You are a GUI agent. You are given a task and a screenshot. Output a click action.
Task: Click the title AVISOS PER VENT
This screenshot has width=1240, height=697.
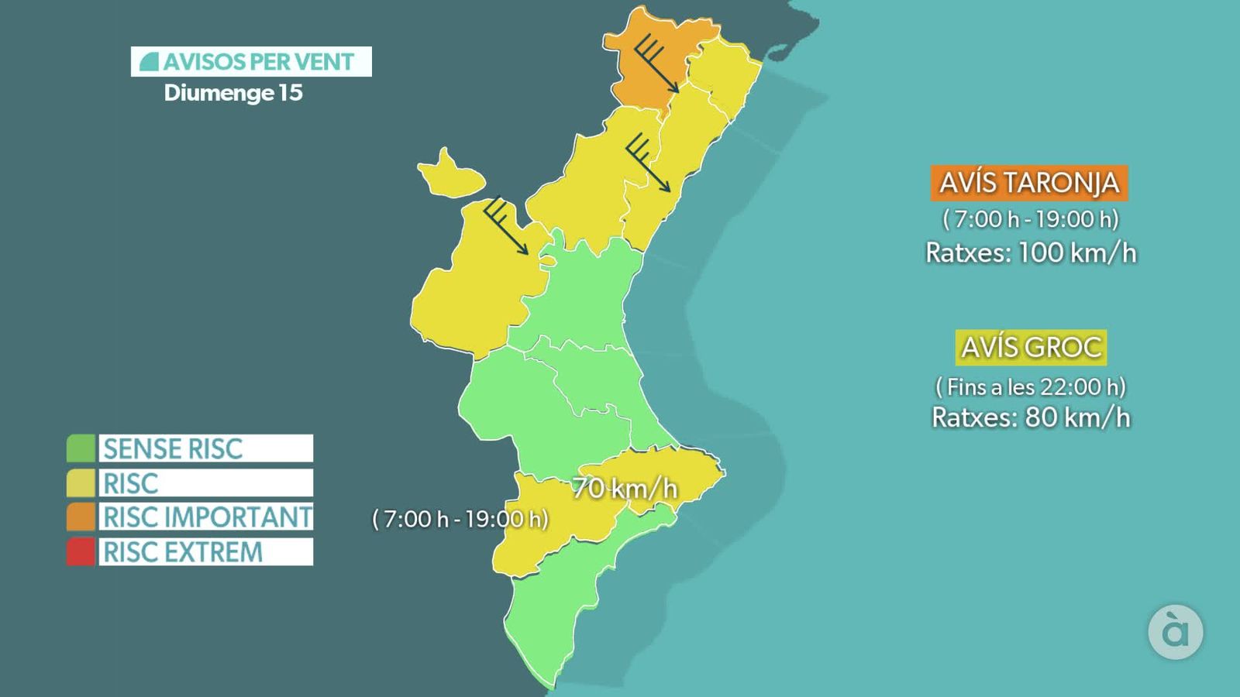(251, 62)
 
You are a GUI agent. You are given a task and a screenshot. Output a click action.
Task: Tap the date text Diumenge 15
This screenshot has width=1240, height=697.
(232, 93)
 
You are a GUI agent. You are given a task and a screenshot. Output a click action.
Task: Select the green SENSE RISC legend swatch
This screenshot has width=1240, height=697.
(81, 448)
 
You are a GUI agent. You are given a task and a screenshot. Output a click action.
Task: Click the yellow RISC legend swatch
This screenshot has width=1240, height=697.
(81, 482)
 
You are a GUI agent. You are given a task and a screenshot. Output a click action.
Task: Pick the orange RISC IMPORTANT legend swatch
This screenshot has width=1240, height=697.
(81, 517)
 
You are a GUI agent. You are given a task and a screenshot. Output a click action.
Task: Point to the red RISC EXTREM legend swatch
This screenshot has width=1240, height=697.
(81, 551)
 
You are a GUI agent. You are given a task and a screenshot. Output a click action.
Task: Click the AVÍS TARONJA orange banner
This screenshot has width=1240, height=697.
(1028, 183)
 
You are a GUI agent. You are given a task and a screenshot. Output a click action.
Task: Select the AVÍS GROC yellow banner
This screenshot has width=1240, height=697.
(1031, 347)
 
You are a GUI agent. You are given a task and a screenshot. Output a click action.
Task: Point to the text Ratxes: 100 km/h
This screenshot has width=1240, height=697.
(1031, 252)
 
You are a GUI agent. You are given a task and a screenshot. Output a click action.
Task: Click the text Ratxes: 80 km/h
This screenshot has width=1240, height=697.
(1031, 417)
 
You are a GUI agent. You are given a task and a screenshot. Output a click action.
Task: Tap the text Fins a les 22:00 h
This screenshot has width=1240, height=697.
(1031, 386)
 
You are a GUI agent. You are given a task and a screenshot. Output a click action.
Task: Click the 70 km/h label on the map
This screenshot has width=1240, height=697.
(624, 488)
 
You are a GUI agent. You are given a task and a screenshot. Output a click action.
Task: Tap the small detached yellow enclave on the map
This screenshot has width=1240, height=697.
(449, 177)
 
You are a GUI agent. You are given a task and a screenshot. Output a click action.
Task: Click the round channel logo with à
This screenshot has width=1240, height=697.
(1175, 632)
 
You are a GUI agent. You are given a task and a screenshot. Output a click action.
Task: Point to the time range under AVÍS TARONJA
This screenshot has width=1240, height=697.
(1031, 219)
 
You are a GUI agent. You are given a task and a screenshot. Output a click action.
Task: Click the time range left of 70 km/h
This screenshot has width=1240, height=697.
(460, 518)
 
